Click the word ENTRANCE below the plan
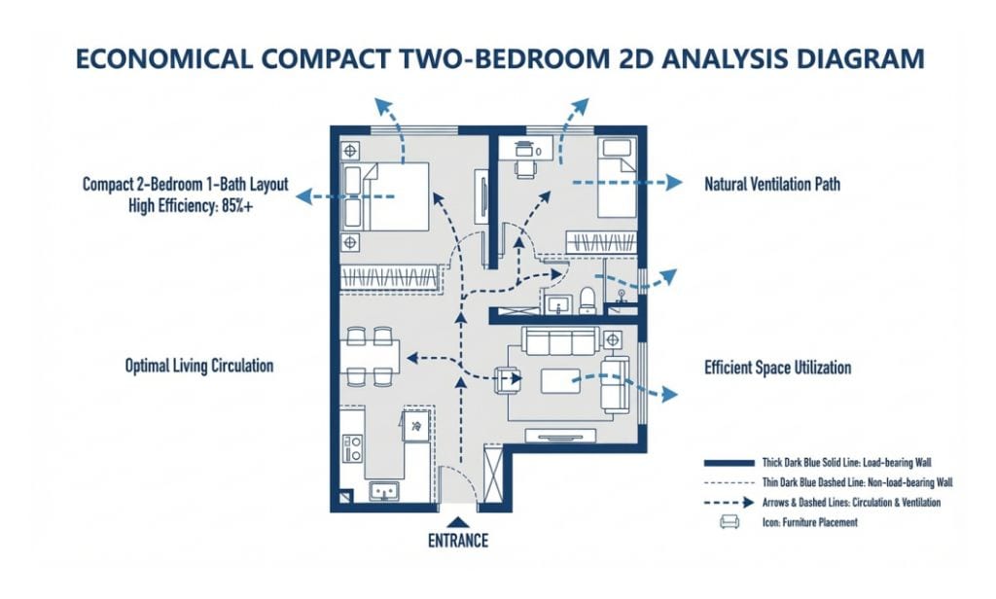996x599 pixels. (x=458, y=541)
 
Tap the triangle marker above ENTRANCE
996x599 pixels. (x=458, y=523)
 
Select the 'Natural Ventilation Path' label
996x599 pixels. (x=771, y=184)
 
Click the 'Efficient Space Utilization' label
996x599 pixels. (x=777, y=368)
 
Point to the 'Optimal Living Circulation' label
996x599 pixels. (x=198, y=366)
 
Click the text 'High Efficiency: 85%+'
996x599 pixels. (x=191, y=206)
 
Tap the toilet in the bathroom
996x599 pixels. (x=587, y=300)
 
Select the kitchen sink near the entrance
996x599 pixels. (x=384, y=491)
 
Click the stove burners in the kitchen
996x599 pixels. (x=352, y=448)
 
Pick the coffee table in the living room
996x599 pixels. (x=559, y=381)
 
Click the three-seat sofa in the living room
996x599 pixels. (x=560, y=340)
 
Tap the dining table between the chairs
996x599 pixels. (x=370, y=357)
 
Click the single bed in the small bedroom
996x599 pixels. (x=616, y=180)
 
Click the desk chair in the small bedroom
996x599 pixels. (x=524, y=168)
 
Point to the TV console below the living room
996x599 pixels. (x=561, y=435)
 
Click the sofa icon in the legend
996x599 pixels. (x=729, y=522)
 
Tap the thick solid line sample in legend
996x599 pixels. (x=729, y=463)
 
